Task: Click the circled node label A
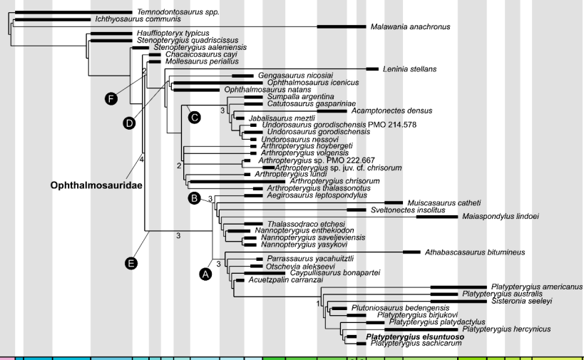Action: pyautogui.click(x=205, y=274)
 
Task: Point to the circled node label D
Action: pyautogui.click(x=129, y=123)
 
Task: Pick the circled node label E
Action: pyautogui.click(x=130, y=264)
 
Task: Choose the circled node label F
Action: pyautogui.click(x=111, y=99)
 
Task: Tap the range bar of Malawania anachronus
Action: pyautogui.click(x=342, y=26)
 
